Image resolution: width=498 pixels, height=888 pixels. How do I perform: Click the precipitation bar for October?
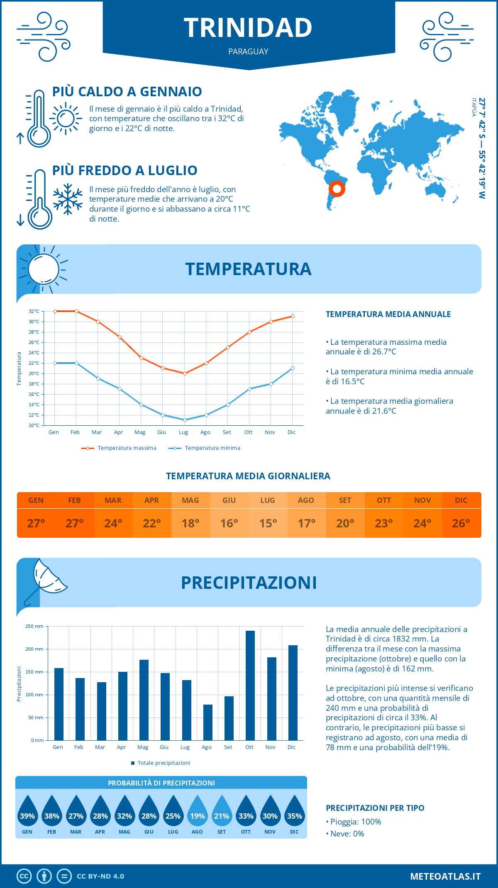coord(250,685)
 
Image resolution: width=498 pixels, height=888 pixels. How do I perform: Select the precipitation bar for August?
coord(207,722)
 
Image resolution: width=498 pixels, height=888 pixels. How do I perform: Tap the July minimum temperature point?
coord(185,420)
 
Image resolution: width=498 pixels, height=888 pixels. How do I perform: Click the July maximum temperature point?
coord(185,373)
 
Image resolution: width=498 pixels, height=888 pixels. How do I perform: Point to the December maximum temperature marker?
coord(293,316)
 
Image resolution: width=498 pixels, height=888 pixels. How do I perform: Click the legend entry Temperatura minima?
coord(212,448)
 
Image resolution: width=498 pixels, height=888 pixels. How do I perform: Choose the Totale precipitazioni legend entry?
coord(164,763)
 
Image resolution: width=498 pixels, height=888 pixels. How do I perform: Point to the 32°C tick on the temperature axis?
coord(34,311)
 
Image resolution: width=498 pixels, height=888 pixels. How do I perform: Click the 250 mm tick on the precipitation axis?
coord(34,626)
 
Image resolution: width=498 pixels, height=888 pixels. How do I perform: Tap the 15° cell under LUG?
coord(268,523)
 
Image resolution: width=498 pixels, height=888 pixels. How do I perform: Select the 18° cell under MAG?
coord(190,523)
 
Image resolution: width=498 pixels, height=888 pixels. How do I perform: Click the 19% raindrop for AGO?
coord(197,811)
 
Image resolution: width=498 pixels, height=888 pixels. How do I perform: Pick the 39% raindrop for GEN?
coord(27,811)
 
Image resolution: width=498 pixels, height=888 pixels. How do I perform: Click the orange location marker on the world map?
coord(337,189)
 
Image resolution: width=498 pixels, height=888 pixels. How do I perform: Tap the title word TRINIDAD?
coord(248,28)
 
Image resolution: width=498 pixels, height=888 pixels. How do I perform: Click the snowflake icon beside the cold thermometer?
coord(68,199)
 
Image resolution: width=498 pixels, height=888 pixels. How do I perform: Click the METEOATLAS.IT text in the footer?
coord(445,876)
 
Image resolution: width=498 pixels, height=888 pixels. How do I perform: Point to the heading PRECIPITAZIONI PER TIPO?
coord(375,808)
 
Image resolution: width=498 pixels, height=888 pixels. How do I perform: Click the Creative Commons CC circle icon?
coord(24,876)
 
